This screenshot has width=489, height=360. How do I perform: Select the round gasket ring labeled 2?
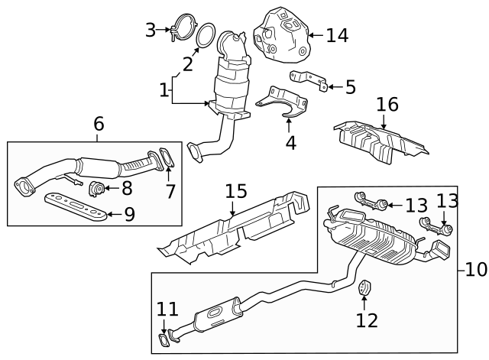pos(206,35)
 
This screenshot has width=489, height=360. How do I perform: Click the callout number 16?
pos(387,105)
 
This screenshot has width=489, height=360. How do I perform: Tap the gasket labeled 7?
pos(167,160)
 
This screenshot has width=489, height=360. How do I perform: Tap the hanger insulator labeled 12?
pos(364,288)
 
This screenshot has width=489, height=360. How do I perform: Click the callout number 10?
pos(476,269)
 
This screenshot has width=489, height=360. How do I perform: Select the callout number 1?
pos(163,90)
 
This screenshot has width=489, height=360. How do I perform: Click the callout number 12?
pos(367,320)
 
